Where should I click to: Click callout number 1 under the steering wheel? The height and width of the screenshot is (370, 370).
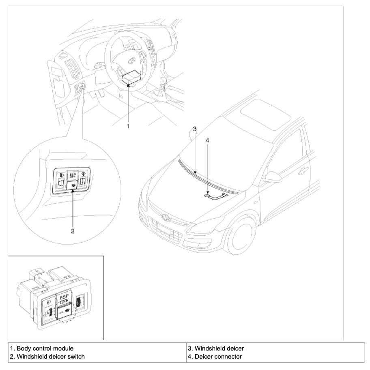[x=128, y=126]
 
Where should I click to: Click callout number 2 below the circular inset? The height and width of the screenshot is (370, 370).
[x=73, y=231]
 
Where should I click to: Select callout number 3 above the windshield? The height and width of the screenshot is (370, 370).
[x=195, y=129]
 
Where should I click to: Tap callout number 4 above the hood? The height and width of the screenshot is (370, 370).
[x=208, y=140]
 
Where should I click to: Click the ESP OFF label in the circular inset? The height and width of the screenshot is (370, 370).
[x=73, y=176]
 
